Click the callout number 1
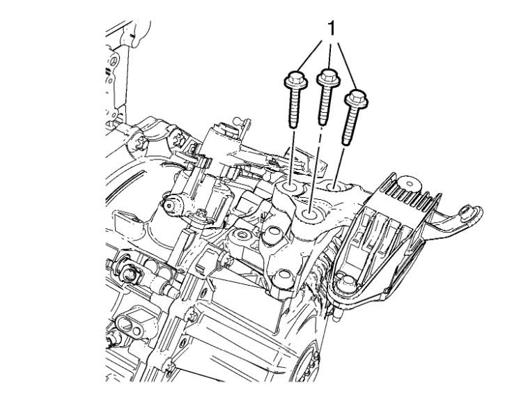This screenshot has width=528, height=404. pyautogui.click(x=332, y=29)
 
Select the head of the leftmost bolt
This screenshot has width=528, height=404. pyautogui.click(x=295, y=81)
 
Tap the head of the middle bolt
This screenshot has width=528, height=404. pyautogui.click(x=329, y=77)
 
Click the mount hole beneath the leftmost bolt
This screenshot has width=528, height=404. pyautogui.click(x=290, y=187)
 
